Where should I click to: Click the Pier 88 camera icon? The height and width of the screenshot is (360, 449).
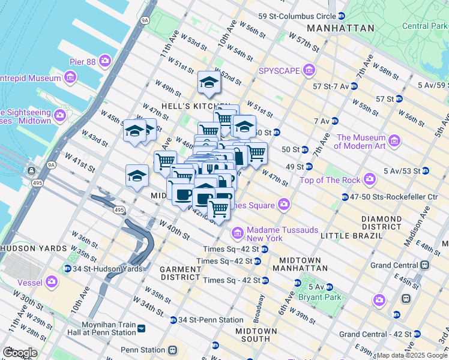[106, 60]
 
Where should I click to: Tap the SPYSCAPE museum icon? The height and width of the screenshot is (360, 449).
[309, 71]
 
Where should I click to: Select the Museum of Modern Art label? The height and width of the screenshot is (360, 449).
[360, 142]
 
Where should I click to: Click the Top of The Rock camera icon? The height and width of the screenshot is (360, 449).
[370, 179]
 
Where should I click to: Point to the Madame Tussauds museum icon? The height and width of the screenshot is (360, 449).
[237, 232]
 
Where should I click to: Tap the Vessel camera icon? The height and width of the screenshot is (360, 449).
[52, 280]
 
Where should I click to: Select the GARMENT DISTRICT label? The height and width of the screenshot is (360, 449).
[179, 274]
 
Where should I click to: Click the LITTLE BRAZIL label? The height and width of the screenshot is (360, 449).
[350, 236]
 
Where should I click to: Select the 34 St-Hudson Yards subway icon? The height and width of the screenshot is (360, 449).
[67, 269]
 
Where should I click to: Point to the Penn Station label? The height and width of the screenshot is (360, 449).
[143, 349]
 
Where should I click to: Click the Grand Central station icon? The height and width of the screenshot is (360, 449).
[425, 265]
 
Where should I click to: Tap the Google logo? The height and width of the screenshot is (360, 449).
[20, 352]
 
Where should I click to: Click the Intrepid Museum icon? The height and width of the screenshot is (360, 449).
[71, 77]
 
